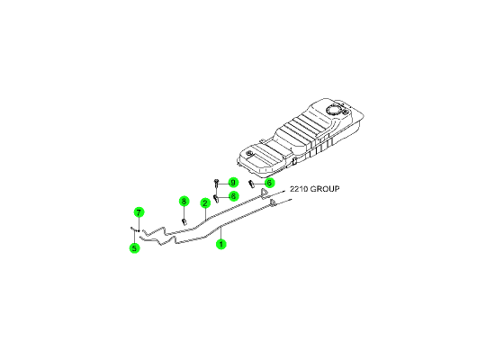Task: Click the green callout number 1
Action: [221, 244]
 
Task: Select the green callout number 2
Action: [205, 203]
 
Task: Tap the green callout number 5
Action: [134, 247]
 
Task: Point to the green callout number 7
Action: [139, 212]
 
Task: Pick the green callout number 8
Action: [184, 202]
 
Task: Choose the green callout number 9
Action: [233, 183]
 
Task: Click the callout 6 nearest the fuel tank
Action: [269, 183]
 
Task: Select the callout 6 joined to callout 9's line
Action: [233, 196]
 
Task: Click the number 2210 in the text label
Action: [299, 189]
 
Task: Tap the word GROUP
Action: [325, 189]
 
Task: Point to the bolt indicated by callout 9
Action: [216, 182]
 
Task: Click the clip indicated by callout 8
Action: [184, 221]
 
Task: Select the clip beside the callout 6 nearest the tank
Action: [252, 184]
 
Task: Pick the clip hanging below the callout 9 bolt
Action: [217, 199]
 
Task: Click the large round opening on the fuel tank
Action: [334, 110]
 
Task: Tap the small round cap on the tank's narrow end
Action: [250, 154]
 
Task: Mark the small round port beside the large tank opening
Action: [346, 112]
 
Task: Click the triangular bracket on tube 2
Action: [263, 193]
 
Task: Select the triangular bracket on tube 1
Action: [273, 202]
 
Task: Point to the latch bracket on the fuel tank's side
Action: [294, 161]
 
